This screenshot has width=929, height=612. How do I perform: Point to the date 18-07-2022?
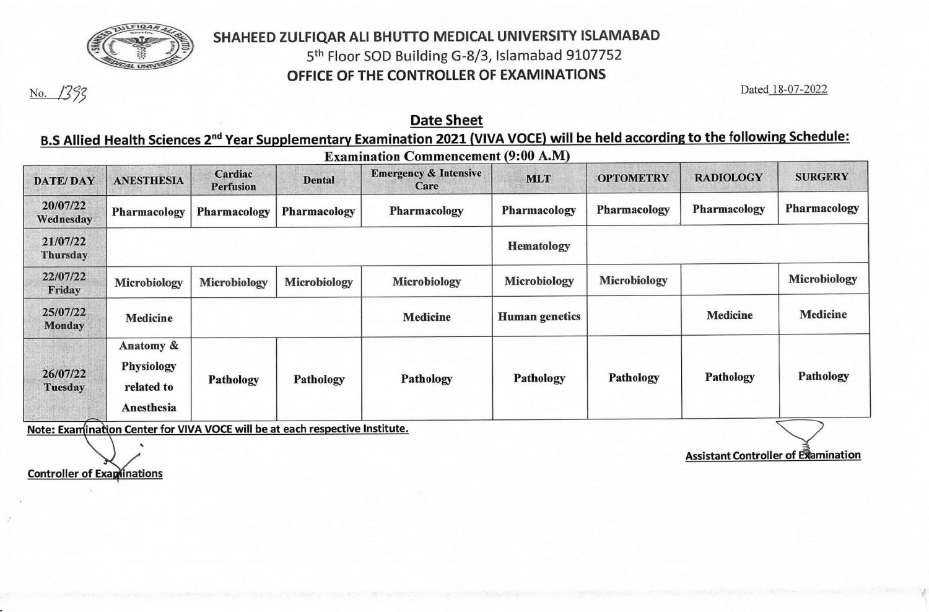(798, 89)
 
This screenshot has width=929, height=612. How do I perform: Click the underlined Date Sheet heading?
(446, 120)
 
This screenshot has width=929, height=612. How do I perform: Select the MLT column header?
(538, 178)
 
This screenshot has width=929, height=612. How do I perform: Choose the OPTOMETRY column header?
(633, 178)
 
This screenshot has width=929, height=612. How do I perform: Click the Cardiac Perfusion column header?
(233, 180)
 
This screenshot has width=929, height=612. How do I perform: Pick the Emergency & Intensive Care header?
(426, 179)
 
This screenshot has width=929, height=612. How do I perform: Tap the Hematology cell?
(539, 246)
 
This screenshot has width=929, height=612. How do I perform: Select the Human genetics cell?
(539, 317)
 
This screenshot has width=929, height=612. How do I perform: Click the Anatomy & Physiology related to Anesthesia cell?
(149, 377)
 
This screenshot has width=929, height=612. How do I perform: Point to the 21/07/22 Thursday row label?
(64, 248)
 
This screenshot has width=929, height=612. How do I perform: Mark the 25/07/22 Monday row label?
(64, 318)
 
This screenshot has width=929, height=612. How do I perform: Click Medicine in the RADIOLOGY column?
(730, 315)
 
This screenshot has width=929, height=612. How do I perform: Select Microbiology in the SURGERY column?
(822, 279)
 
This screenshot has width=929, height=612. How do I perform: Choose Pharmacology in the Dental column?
(318, 211)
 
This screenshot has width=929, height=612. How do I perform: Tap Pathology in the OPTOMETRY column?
(634, 378)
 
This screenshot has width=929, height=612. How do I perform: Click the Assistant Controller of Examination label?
(773, 455)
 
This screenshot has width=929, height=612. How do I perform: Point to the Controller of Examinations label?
(95, 474)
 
